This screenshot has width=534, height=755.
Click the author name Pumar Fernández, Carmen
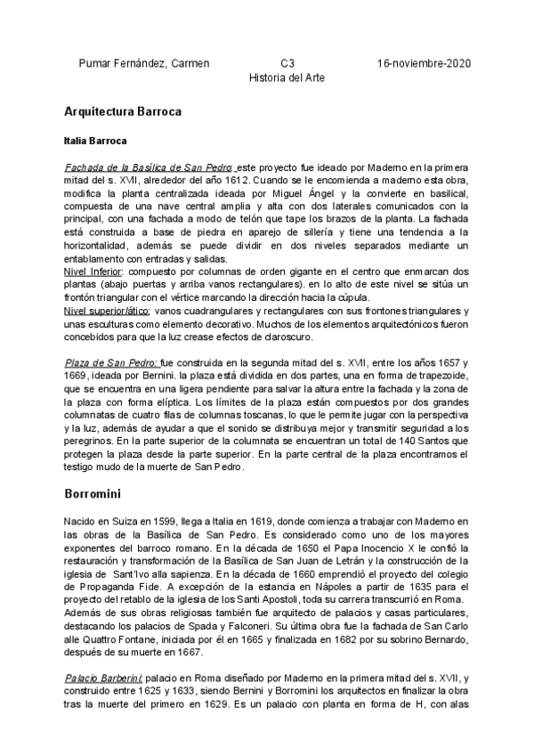(144, 63)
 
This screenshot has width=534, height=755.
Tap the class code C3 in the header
(287, 63)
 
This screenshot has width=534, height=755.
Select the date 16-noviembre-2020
(424, 63)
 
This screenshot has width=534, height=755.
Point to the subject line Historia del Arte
(286, 77)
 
